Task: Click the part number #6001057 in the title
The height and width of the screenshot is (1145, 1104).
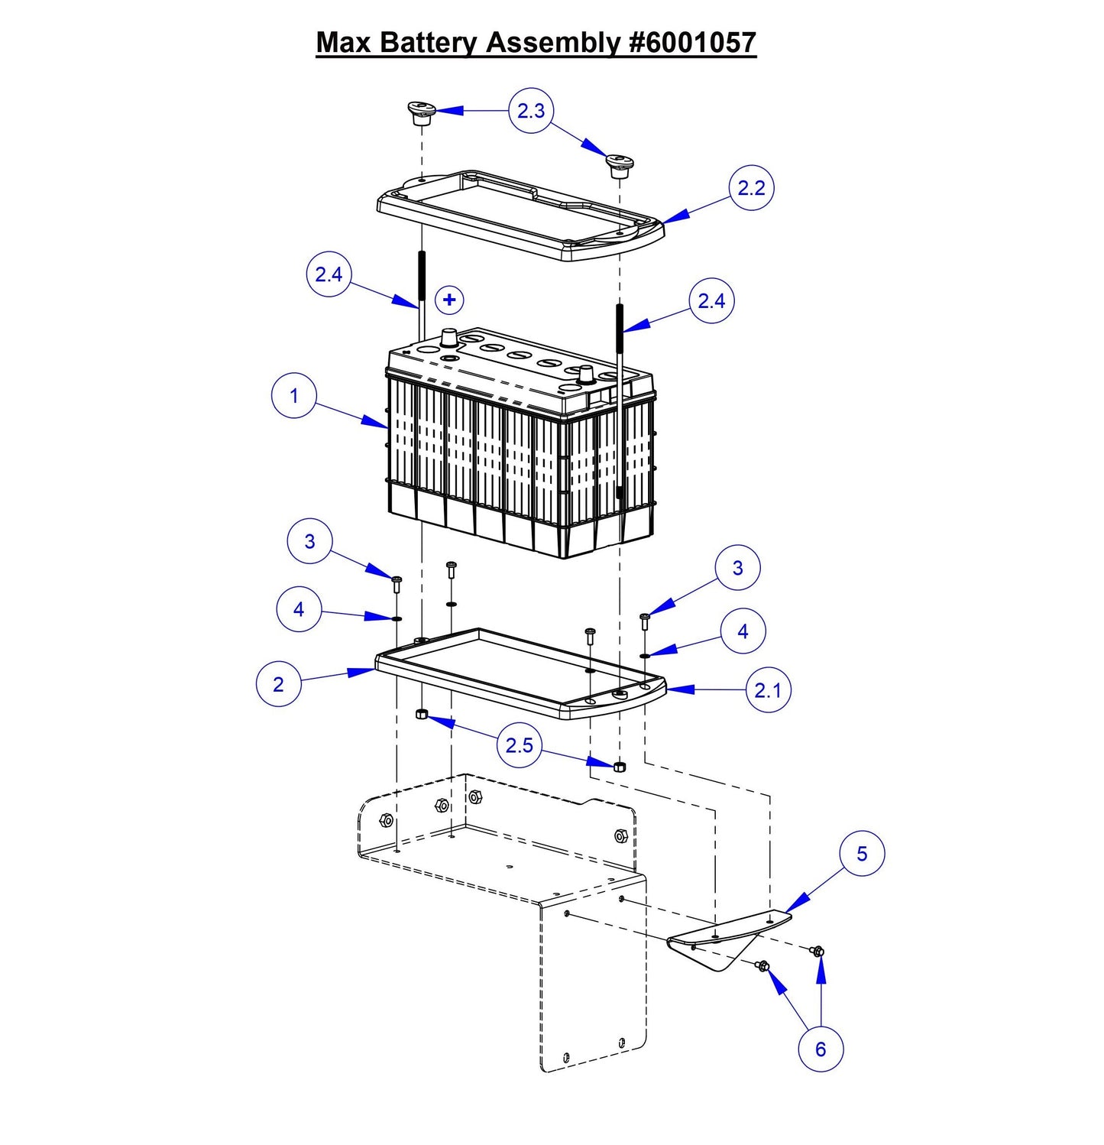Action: pyautogui.click(x=691, y=42)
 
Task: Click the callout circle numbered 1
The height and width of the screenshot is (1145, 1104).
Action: pyautogui.click(x=294, y=396)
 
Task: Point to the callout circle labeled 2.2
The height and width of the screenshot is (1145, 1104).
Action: pyautogui.click(x=751, y=188)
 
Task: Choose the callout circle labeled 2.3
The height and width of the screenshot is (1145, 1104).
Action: pyautogui.click(x=531, y=111)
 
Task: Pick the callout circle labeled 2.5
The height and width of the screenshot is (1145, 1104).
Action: pyautogui.click(x=520, y=744)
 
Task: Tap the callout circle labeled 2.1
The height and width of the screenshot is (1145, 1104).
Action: pyautogui.click(x=768, y=690)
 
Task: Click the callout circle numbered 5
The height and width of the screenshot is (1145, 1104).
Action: pyautogui.click(x=862, y=854)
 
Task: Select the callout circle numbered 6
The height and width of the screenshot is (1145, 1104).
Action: pyautogui.click(x=821, y=1049)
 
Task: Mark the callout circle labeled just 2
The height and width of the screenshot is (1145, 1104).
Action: pyautogui.click(x=278, y=684)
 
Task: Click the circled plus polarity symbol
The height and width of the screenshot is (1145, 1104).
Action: pyautogui.click(x=449, y=300)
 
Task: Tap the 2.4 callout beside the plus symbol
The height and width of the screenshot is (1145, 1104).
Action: pyautogui.click(x=329, y=274)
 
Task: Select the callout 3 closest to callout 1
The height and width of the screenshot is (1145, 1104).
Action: pyautogui.click(x=309, y=541)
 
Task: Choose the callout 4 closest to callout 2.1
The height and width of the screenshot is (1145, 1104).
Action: pyautogui.click(x=743, y=631)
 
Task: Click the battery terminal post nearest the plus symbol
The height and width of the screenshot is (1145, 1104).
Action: pyautogui.click(x=448, y=339)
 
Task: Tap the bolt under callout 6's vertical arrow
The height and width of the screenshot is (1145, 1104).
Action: pyautogui.click(x=817, y=951)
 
